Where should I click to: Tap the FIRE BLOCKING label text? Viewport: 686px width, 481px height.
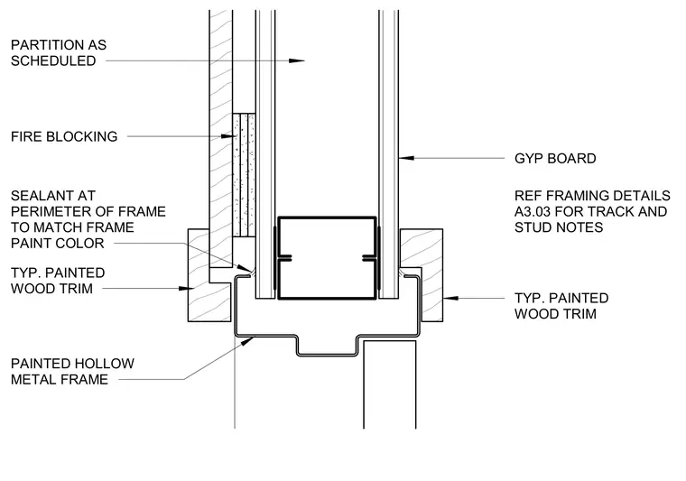64,136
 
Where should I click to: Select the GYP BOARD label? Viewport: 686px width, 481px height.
555,158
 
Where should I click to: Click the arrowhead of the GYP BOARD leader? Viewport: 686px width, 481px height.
406,158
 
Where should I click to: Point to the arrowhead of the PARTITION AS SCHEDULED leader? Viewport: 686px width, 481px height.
297,60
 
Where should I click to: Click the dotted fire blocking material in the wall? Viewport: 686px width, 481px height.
244,175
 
